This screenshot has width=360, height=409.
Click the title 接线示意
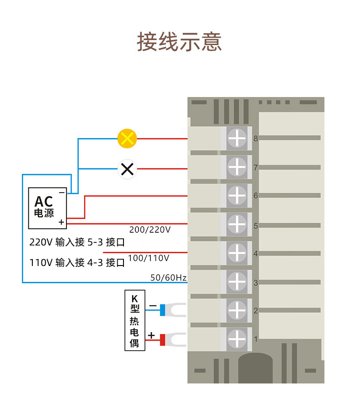(x=180, y=42)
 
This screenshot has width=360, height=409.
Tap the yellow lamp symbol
(x=127, y=138)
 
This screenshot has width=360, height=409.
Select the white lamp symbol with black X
(x=128, y=169)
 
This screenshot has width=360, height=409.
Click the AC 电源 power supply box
(x=47, y=208)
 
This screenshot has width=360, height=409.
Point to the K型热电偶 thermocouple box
(x=135, y=320)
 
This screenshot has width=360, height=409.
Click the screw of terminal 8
(x=237, y=138)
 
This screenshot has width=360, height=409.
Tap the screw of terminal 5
(x=237, y=224)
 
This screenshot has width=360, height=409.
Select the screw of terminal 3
(x=237, y=281)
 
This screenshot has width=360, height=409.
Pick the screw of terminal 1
(x=237, y=339)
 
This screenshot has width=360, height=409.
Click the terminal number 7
(x=256, y=168)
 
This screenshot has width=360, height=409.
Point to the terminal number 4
(x=256, y=254)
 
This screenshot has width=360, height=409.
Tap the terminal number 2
(x=256, y=311)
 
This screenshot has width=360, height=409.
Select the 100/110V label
(x=149, y=258)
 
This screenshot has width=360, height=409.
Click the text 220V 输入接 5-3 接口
(x=77, y=242)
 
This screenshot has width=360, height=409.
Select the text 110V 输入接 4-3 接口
(x=77, y=263)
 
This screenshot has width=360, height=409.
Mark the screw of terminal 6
(x=237, y=195)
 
